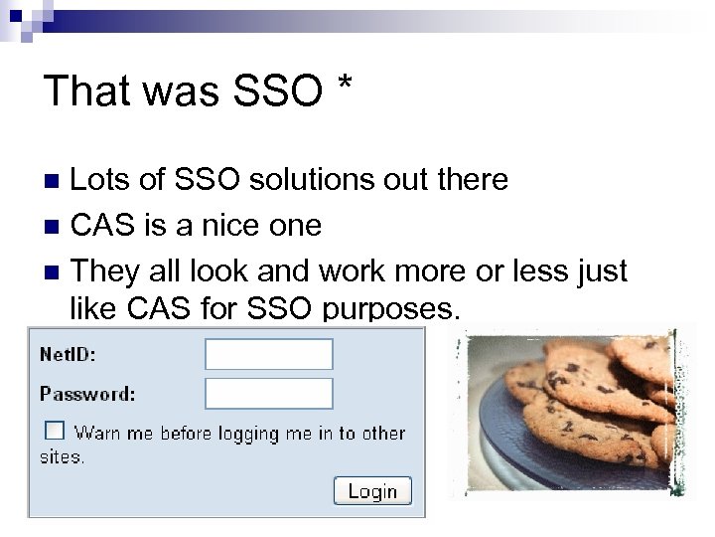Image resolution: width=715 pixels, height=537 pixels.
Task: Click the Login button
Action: (372, 490)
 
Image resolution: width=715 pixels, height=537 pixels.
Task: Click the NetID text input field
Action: (268, 354)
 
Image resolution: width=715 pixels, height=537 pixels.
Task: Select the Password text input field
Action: (268, 393)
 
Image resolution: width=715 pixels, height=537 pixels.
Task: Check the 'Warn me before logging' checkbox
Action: (55, 431)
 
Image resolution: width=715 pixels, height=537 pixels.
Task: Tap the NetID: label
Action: (69, 353)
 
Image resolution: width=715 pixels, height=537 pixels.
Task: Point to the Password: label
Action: (87, 393)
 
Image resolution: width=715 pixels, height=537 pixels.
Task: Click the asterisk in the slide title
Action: (344, 86)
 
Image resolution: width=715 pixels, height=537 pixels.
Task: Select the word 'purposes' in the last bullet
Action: (391, 310)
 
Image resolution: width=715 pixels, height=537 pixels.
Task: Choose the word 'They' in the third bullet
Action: (105, 269)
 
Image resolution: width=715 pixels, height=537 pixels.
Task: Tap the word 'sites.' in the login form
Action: (63, 457)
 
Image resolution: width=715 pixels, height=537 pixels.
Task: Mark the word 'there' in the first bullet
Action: (470, 180)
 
